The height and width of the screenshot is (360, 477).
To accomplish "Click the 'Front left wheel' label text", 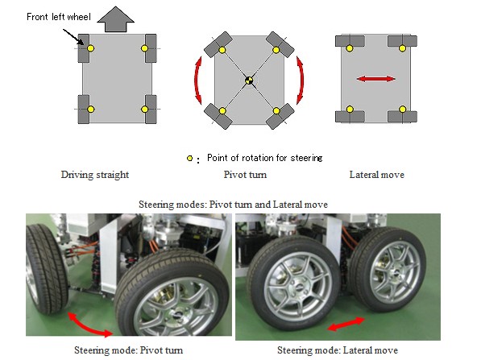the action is pyautogui.click(x=59, y=17).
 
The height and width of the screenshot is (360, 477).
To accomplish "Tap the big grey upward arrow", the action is pyautogui.click(x=115, y=19).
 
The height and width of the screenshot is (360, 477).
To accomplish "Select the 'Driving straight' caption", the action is pyautogui.click(x=95, y=175).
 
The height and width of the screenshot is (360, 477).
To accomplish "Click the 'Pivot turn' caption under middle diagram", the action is pyautogui.click(x=245, y=175).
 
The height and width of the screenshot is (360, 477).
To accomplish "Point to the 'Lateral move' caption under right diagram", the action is pyautogui.click(x=377, y=175).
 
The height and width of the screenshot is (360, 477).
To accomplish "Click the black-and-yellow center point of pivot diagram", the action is pyautogui.click(x=249, y=81).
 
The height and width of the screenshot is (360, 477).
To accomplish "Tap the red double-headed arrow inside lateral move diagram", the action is pyautogui.click(x=376, y=79).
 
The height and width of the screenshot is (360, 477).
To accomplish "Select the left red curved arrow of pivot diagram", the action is pyautogui.click(x=197, y=80).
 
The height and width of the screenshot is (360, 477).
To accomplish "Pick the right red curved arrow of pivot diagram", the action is pyautogui.click(x=301, y=80).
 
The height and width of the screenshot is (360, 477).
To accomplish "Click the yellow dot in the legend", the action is pyautogui.click(x=190, y=158).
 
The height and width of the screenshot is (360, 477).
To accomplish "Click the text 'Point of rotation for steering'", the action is pyautogui.click(x=264, y=158).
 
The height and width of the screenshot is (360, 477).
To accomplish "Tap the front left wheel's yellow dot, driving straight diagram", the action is pyautogui.click(x=90, y=48).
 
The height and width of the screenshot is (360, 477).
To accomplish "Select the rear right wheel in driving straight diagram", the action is pyautogui.click(x=151, y=110).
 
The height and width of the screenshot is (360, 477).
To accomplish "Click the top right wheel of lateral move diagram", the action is pyautogui.click(x=402, y=41).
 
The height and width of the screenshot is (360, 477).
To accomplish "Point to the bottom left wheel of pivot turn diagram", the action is pyautogui.click(x=218, y=116).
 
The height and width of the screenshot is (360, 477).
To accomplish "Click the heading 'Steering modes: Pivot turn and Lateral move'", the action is pyautogui.click(x=234, y=205).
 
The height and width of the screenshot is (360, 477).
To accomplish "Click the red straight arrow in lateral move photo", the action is pyautogui.click(x=346, y=324).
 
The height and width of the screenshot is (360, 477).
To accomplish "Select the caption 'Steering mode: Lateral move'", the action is pyautogui.click(x=338, y=350).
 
